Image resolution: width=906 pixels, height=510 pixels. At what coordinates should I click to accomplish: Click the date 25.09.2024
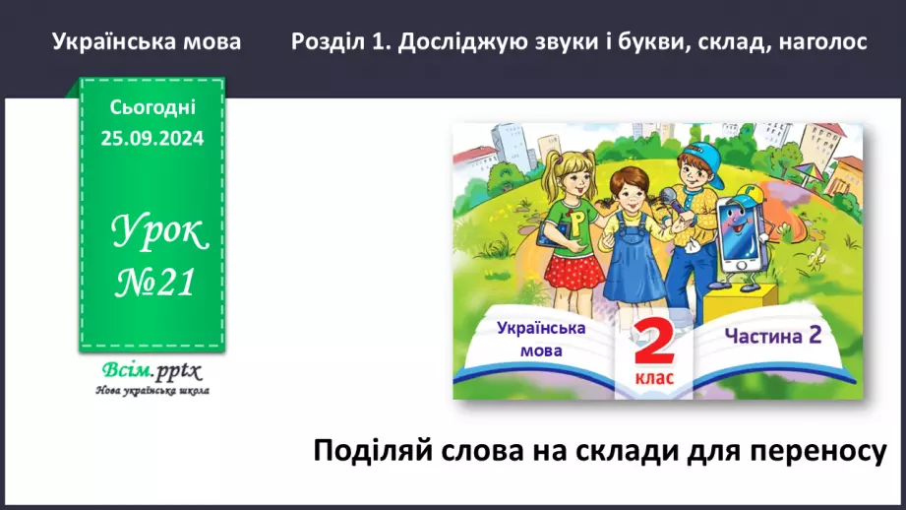[151, 139]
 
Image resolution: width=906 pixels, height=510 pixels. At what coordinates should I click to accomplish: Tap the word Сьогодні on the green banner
[151, 107]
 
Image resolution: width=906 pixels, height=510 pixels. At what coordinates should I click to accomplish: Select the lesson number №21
[151, 283]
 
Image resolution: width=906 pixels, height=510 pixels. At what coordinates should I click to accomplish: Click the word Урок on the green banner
[159, 232]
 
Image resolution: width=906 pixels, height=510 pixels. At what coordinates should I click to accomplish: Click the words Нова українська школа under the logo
[151, 391]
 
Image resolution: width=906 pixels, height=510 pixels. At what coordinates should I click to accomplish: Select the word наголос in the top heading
[821, 42]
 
